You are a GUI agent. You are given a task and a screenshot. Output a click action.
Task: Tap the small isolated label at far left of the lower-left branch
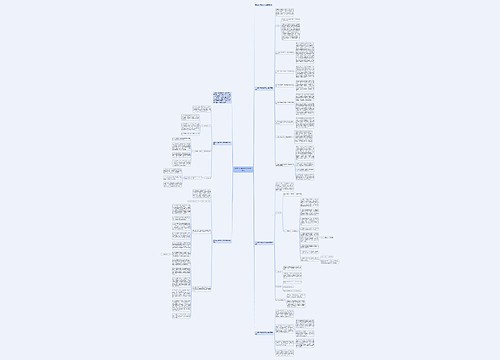point(165,256)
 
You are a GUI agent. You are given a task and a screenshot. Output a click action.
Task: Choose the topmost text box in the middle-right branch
point(284,186)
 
